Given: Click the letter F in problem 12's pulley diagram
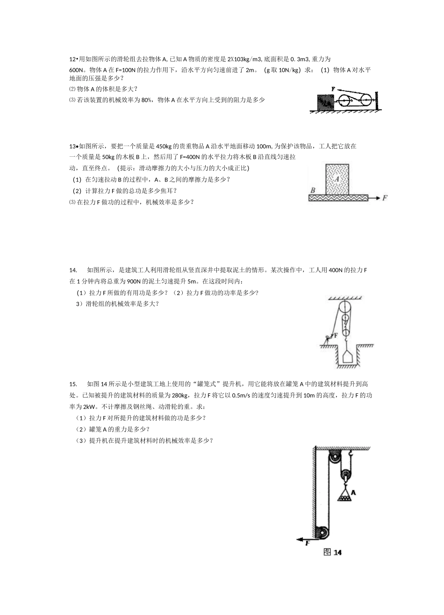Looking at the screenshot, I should tap(333, 88).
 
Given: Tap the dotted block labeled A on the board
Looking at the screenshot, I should tap(337, 179).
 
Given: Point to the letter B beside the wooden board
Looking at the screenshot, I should tap(313, 190).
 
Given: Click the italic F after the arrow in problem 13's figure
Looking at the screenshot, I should tap(385, 198).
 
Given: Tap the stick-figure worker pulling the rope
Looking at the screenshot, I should tap(327, 339).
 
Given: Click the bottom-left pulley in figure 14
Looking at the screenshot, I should tap(322, 532).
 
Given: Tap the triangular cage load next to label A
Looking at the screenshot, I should tap(344, 496).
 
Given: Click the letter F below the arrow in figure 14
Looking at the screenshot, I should tap(308, 543).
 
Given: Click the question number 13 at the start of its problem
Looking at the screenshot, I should tap(72, 146).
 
